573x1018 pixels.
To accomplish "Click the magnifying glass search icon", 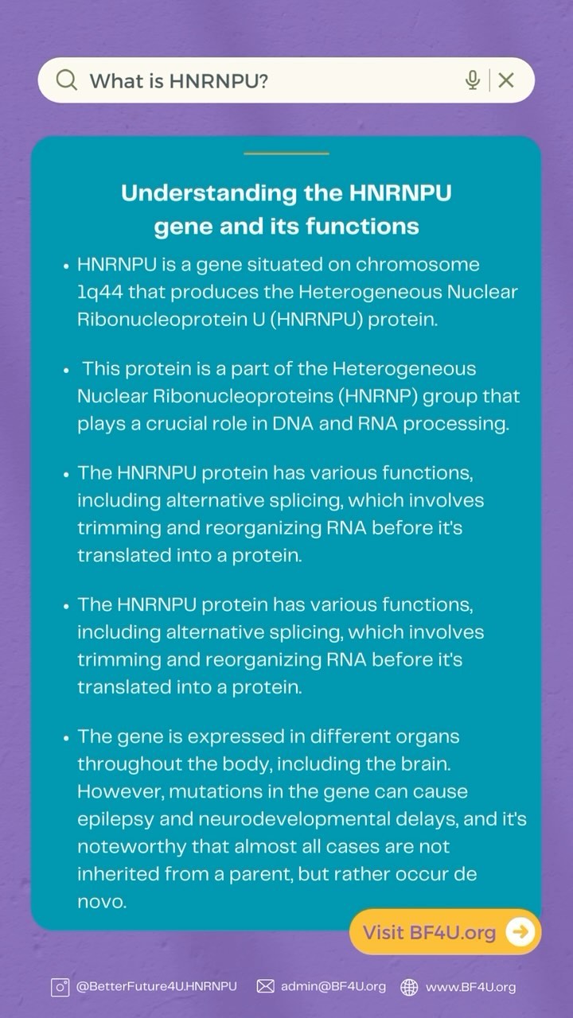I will point(67,80).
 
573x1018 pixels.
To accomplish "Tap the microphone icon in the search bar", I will point(473,80).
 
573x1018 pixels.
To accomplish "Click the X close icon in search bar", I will point(506,80).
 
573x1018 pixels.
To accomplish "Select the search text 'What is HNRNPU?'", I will point(178,80).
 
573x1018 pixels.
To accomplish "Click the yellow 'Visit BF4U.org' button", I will point(430,932).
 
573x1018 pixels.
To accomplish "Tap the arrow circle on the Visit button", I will point(520,932).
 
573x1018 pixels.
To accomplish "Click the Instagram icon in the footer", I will point(60,987).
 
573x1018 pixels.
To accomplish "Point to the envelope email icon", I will point(266,987).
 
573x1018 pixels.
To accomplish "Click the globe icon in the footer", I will point(409,987).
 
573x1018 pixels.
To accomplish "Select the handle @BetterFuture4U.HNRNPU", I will point(156,987).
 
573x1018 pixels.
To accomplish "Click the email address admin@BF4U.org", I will point(333,987).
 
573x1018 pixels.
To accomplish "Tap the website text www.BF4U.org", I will point(470,987).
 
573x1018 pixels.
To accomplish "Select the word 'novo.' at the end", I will point(102,902).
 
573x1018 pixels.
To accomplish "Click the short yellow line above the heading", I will point(286,153).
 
